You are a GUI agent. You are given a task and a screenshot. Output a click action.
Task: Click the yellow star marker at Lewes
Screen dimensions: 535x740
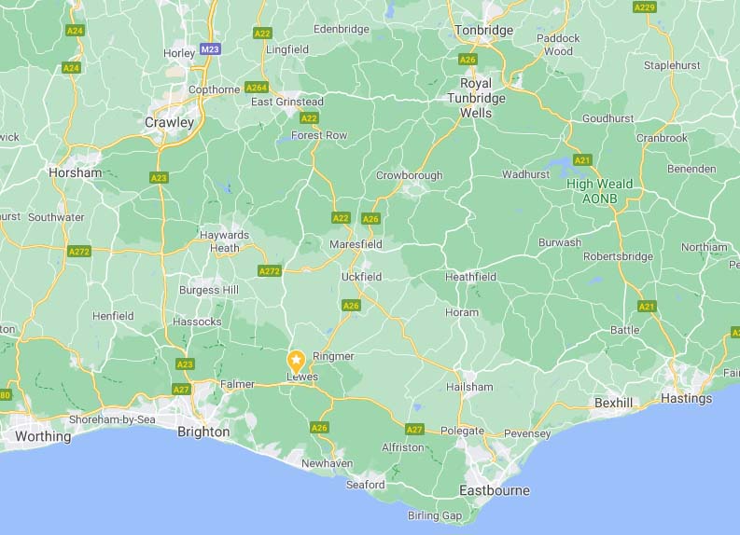[x=296, y=361]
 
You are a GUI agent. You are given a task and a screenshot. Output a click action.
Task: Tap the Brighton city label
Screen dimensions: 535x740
[x=203, y=432]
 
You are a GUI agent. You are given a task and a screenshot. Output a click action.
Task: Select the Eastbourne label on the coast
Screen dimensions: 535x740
[x=495, y=490]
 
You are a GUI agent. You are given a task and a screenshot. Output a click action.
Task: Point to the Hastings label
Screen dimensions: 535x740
[x=687, y=398]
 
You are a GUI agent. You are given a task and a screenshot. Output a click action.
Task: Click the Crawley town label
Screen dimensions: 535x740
[x=170, y=122]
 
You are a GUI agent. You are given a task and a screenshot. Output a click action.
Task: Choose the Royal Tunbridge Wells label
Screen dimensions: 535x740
[x=476, y=97]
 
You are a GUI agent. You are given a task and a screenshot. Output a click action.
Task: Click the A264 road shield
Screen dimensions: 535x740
[x=257, y=88]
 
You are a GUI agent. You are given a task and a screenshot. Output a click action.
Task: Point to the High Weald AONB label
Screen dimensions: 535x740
[x=600, y=191]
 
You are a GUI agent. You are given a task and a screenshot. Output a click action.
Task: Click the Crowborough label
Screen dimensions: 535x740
[x=409, y=175]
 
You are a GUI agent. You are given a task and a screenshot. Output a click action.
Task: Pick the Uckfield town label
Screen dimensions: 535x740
[x=361, y=277]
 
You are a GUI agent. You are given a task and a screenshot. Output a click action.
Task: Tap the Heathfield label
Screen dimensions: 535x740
[x=470, y=277]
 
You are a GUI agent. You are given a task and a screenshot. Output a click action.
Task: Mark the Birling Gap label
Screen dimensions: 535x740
[x=435, y=515]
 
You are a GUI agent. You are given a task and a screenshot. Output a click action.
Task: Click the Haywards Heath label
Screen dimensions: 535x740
[x=224, y=241]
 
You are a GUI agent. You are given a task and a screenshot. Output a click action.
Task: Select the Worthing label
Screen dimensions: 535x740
[x=43, y=436]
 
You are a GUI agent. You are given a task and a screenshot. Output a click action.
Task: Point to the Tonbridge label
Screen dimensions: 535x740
[x=483, y=31]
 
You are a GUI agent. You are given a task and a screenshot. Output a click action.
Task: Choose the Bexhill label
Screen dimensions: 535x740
[x=613, y=403]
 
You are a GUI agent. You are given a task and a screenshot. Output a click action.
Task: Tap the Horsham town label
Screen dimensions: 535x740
[x=75, y=172]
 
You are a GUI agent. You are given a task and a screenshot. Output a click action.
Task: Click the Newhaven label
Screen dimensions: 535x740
[x=327, y=462]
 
